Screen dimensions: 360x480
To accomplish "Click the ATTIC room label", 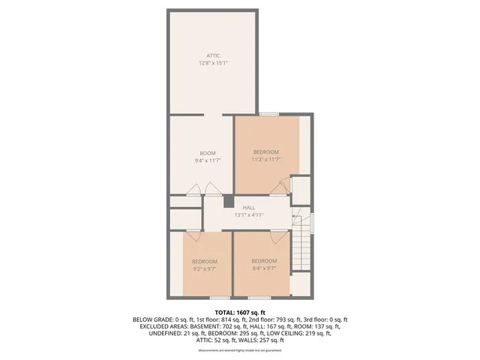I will tap(213, 55).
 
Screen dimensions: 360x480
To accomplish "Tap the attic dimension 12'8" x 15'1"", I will tap(213, 64).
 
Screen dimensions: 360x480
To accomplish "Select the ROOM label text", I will tap(207, 153).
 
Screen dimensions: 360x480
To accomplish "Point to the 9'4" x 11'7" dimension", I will tap(207, 160).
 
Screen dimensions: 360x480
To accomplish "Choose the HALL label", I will tap(248, 207).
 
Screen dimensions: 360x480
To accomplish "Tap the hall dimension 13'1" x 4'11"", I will tap(248, 214).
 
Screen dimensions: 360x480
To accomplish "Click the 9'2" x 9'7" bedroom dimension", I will tap(204, 268).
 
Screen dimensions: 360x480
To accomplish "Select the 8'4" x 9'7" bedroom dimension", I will tap(265, 268).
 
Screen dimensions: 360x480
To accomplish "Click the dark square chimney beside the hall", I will tap(229, 201).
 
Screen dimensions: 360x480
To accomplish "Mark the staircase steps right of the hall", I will tap(301, 251).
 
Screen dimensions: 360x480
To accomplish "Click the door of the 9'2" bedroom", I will tap(193, 235).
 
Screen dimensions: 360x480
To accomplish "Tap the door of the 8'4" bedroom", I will tap(279, 235).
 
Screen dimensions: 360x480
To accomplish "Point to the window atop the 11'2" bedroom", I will tap(268, 114).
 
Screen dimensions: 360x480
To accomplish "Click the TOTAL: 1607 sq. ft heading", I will tap(240, 312).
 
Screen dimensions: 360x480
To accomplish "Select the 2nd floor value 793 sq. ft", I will tap(262, 319).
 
